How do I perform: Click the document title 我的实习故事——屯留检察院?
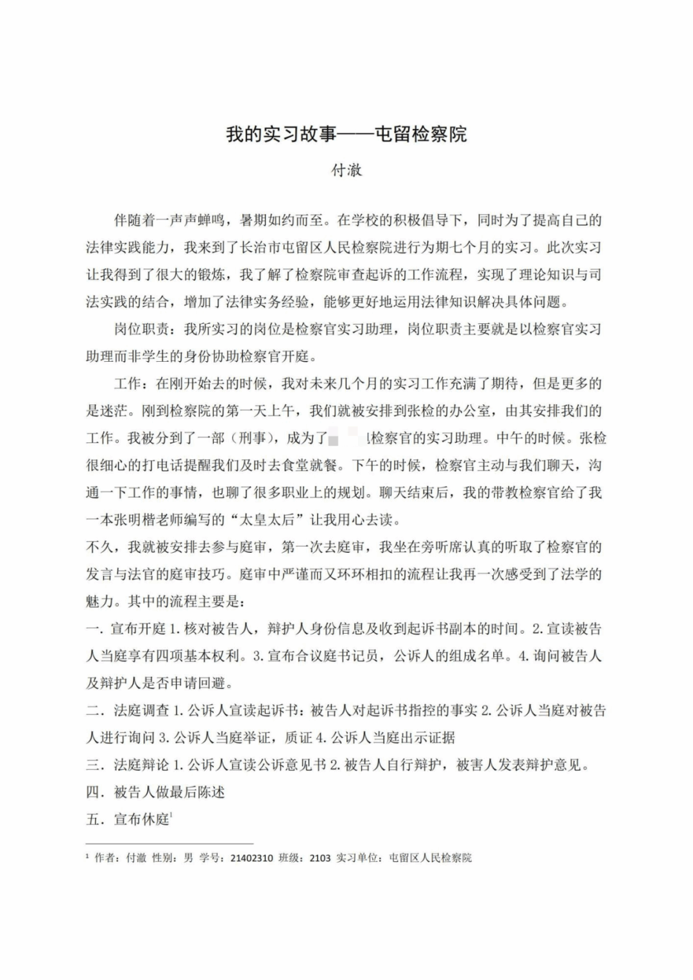click(x=346, y=135)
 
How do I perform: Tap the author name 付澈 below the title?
click(x=346, y=171)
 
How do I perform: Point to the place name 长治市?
click(x=260, y=248)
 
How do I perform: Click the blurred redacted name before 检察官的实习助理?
click(x=349, y=439)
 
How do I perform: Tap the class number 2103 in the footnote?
click(x=320, y=858)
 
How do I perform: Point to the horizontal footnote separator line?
click(x=170, y=844)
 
